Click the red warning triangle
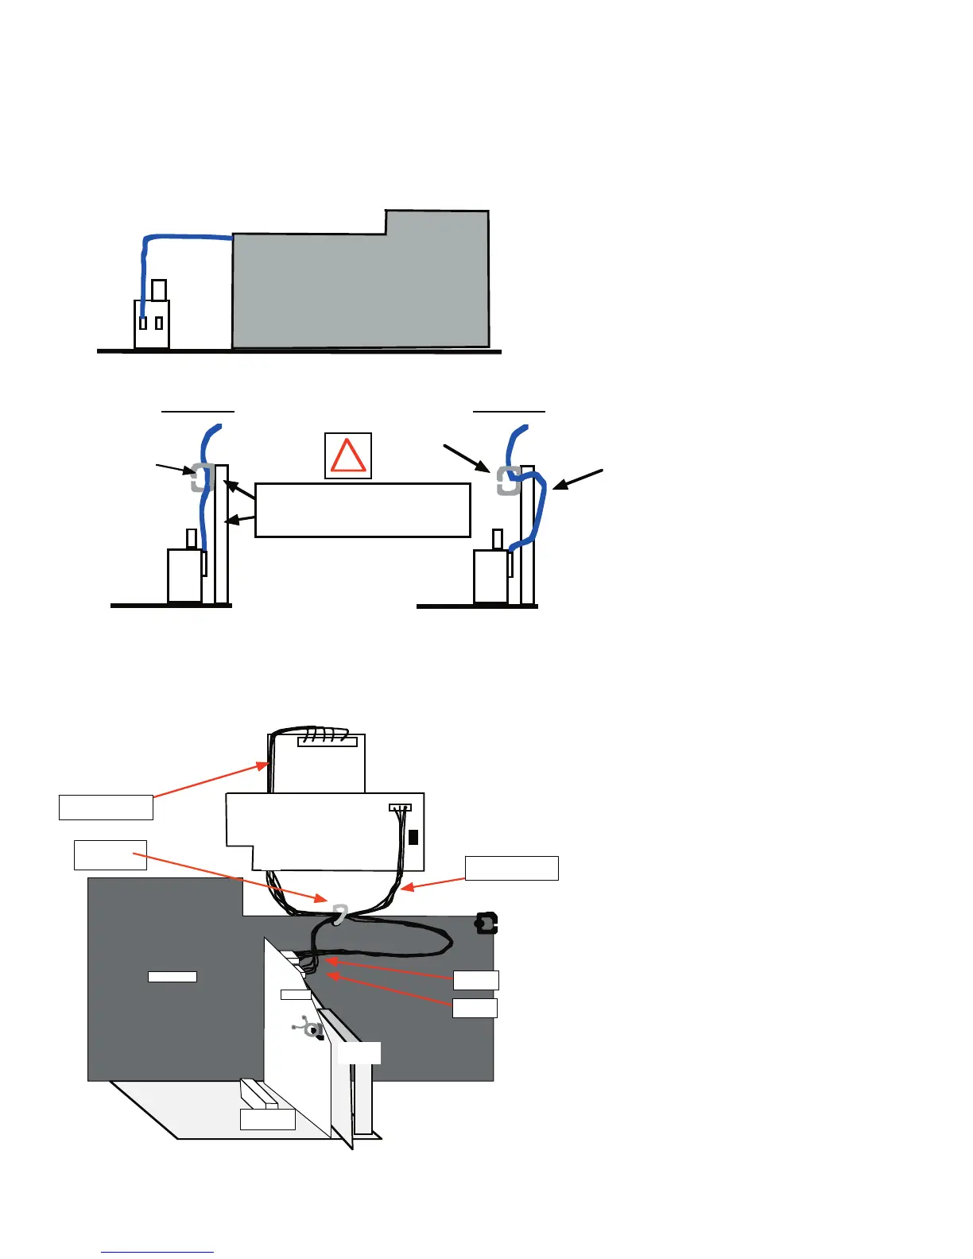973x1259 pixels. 348,456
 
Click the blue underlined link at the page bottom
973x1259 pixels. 157,1252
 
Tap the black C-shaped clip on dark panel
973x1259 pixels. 486,924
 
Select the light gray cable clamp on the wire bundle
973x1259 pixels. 339,914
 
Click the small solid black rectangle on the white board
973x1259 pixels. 413,837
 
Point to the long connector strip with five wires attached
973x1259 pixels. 327,742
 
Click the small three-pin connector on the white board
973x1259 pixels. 400,808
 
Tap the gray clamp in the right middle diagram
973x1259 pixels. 507,481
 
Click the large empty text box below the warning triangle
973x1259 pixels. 362,510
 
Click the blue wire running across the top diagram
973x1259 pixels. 187,236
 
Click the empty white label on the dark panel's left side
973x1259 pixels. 173,977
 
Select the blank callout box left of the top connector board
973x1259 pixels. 106,807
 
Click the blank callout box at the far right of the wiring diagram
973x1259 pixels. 511,868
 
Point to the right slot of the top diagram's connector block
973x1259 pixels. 159,323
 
